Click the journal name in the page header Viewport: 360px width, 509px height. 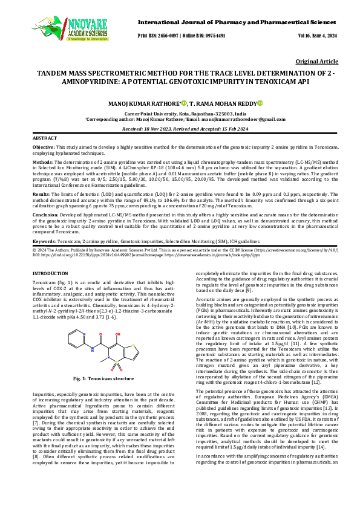point(238,22)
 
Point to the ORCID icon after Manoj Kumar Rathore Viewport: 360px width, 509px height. point(183,103)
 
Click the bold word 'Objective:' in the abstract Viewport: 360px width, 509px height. point(42,147)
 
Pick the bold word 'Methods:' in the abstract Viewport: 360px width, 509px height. point(41,162)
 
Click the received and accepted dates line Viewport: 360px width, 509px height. point(179,129)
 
